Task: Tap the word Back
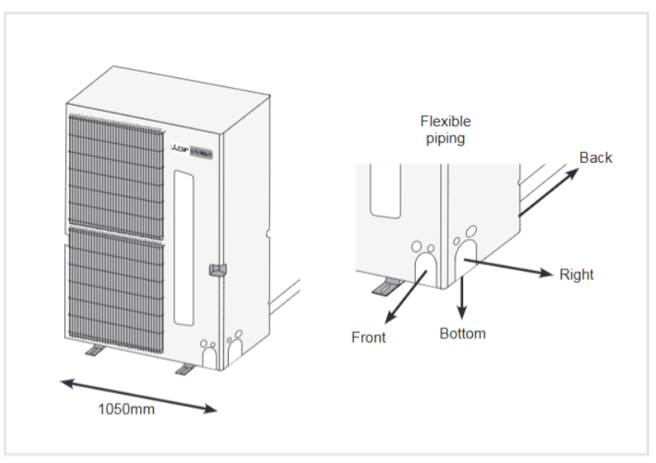(595, 158)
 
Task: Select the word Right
(576, 274)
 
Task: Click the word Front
(368, 337)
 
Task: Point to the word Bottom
(462, 334)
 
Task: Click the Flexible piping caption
(445, 129)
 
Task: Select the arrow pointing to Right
(509, 268)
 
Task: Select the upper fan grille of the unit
(117, 170)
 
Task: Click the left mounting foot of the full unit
(94, 351)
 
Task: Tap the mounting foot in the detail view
(386, 286)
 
